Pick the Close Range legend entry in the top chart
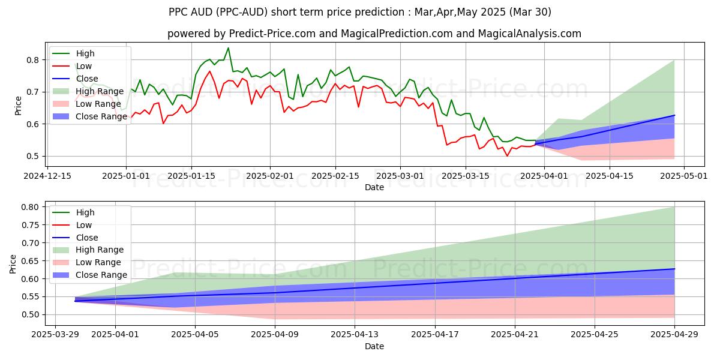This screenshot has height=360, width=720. tap(101, 116)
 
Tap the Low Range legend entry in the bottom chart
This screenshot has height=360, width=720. tap(98, 262)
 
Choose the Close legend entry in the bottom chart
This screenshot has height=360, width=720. tap(88, 238)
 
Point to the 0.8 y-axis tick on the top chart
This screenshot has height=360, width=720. tap(34, 60)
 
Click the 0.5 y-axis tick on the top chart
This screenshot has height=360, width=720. tap(34, 156)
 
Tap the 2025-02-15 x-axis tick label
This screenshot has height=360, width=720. tap(335, 176)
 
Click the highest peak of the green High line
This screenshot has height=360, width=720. tap(228, 48)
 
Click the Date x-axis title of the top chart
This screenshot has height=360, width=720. tap(374, 187)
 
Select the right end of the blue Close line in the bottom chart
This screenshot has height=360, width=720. tap(674, 269)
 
